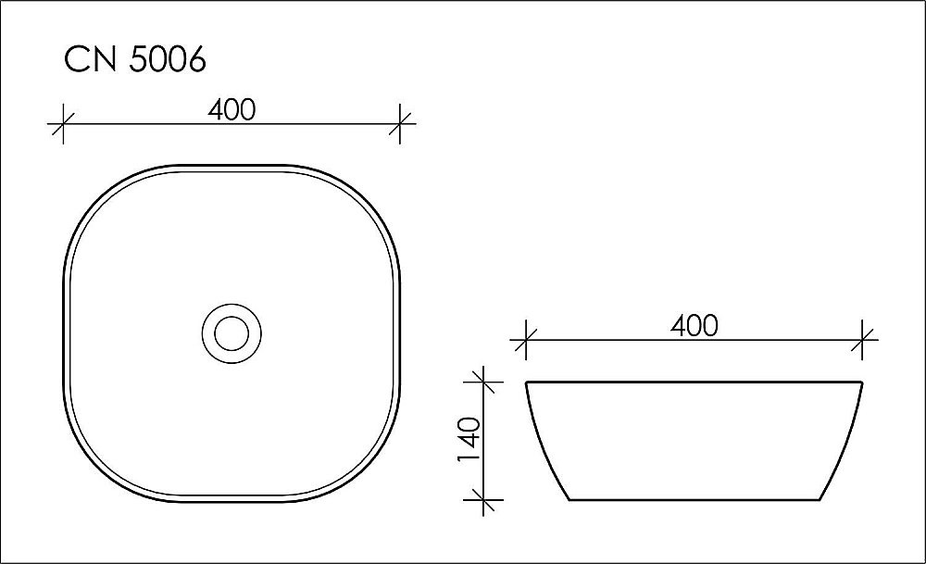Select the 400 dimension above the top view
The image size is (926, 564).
(x=231, y=109)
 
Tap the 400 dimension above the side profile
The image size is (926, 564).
(x=694, y=325)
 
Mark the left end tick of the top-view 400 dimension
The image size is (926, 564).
(x=62, y=123)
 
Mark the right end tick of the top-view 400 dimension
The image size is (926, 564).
(x=400, y=123)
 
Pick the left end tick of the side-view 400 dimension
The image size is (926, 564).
(x=525, y=339)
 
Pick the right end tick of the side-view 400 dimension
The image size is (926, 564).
(x=863, y=339)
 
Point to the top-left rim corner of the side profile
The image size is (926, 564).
(x=527, y=382)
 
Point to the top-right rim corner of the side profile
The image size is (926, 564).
(x=862, y=382)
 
